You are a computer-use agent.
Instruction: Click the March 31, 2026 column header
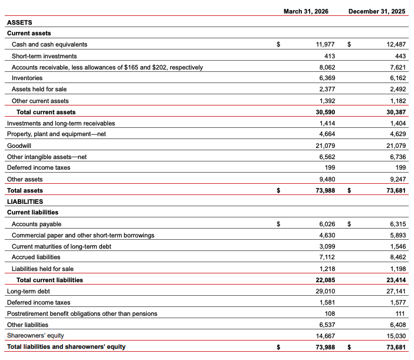(x=305, y=11)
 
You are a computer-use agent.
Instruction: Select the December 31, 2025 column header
(x=377, y=11)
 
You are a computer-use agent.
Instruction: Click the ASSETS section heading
(x=19, y=22)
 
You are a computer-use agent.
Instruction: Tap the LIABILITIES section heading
(x=25, y=202)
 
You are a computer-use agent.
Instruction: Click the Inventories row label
(x=27, y=78)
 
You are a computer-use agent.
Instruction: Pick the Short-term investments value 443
(x=398, y=56)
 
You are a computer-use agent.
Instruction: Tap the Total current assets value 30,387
(x=395, y=112)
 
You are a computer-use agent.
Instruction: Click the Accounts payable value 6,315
(x=397, y=224)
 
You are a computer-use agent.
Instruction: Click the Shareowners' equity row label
(x=35, y=335)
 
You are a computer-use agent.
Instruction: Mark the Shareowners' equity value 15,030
(x=395, y=335)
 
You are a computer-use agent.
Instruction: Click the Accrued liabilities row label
(x=36, y=257)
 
